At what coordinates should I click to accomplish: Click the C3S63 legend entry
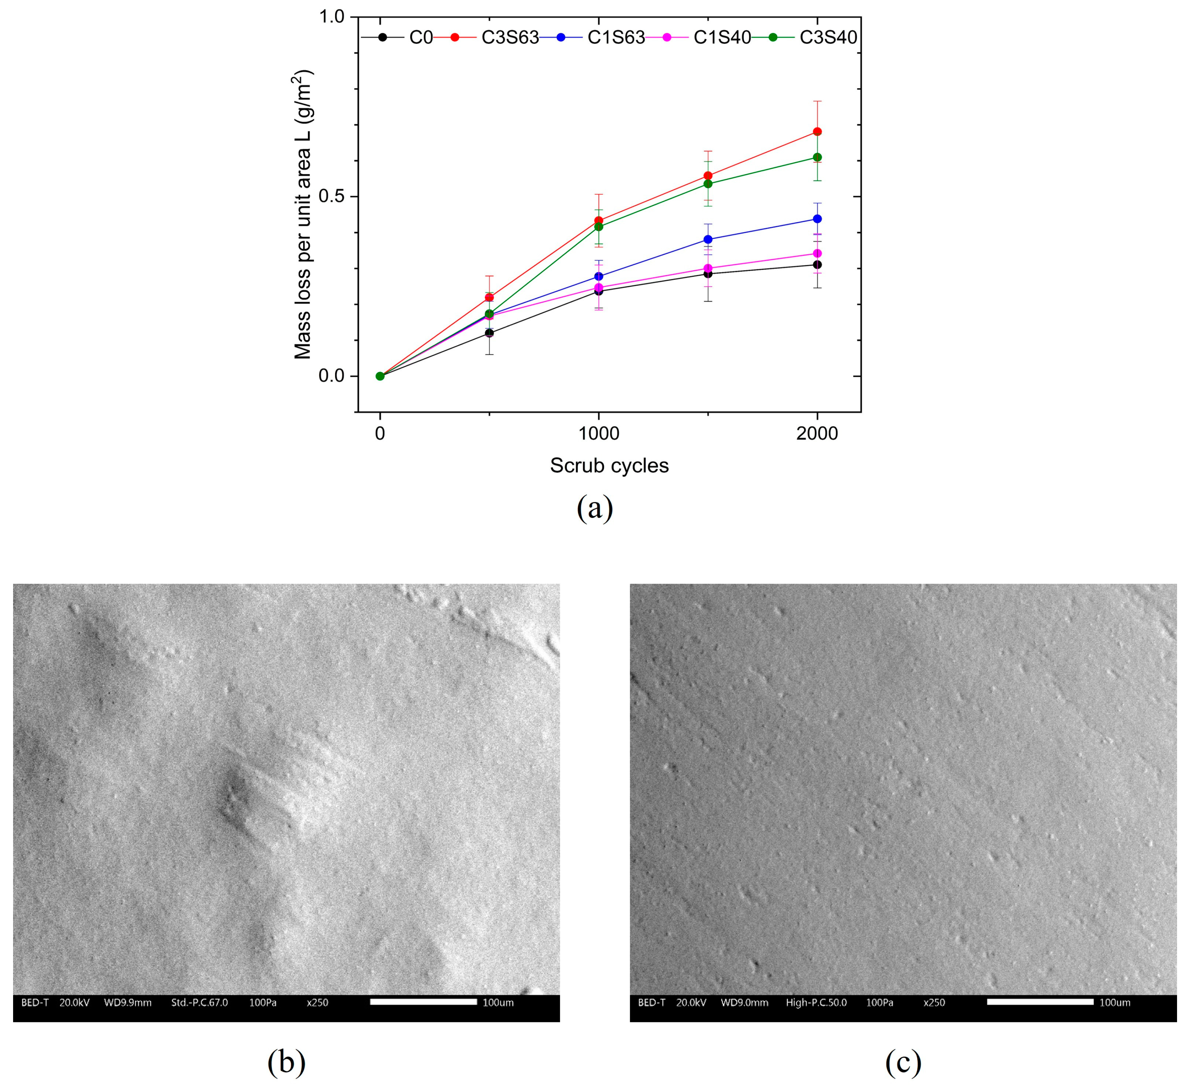coord(509,38)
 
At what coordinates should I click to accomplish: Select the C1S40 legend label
coord(722,38)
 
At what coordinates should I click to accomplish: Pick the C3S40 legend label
coord(828,38)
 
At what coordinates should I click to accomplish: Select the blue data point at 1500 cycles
coord(708,239)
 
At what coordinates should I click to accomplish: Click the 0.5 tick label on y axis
coord(331,196)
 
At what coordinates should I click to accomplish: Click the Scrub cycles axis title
coord(609,465)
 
